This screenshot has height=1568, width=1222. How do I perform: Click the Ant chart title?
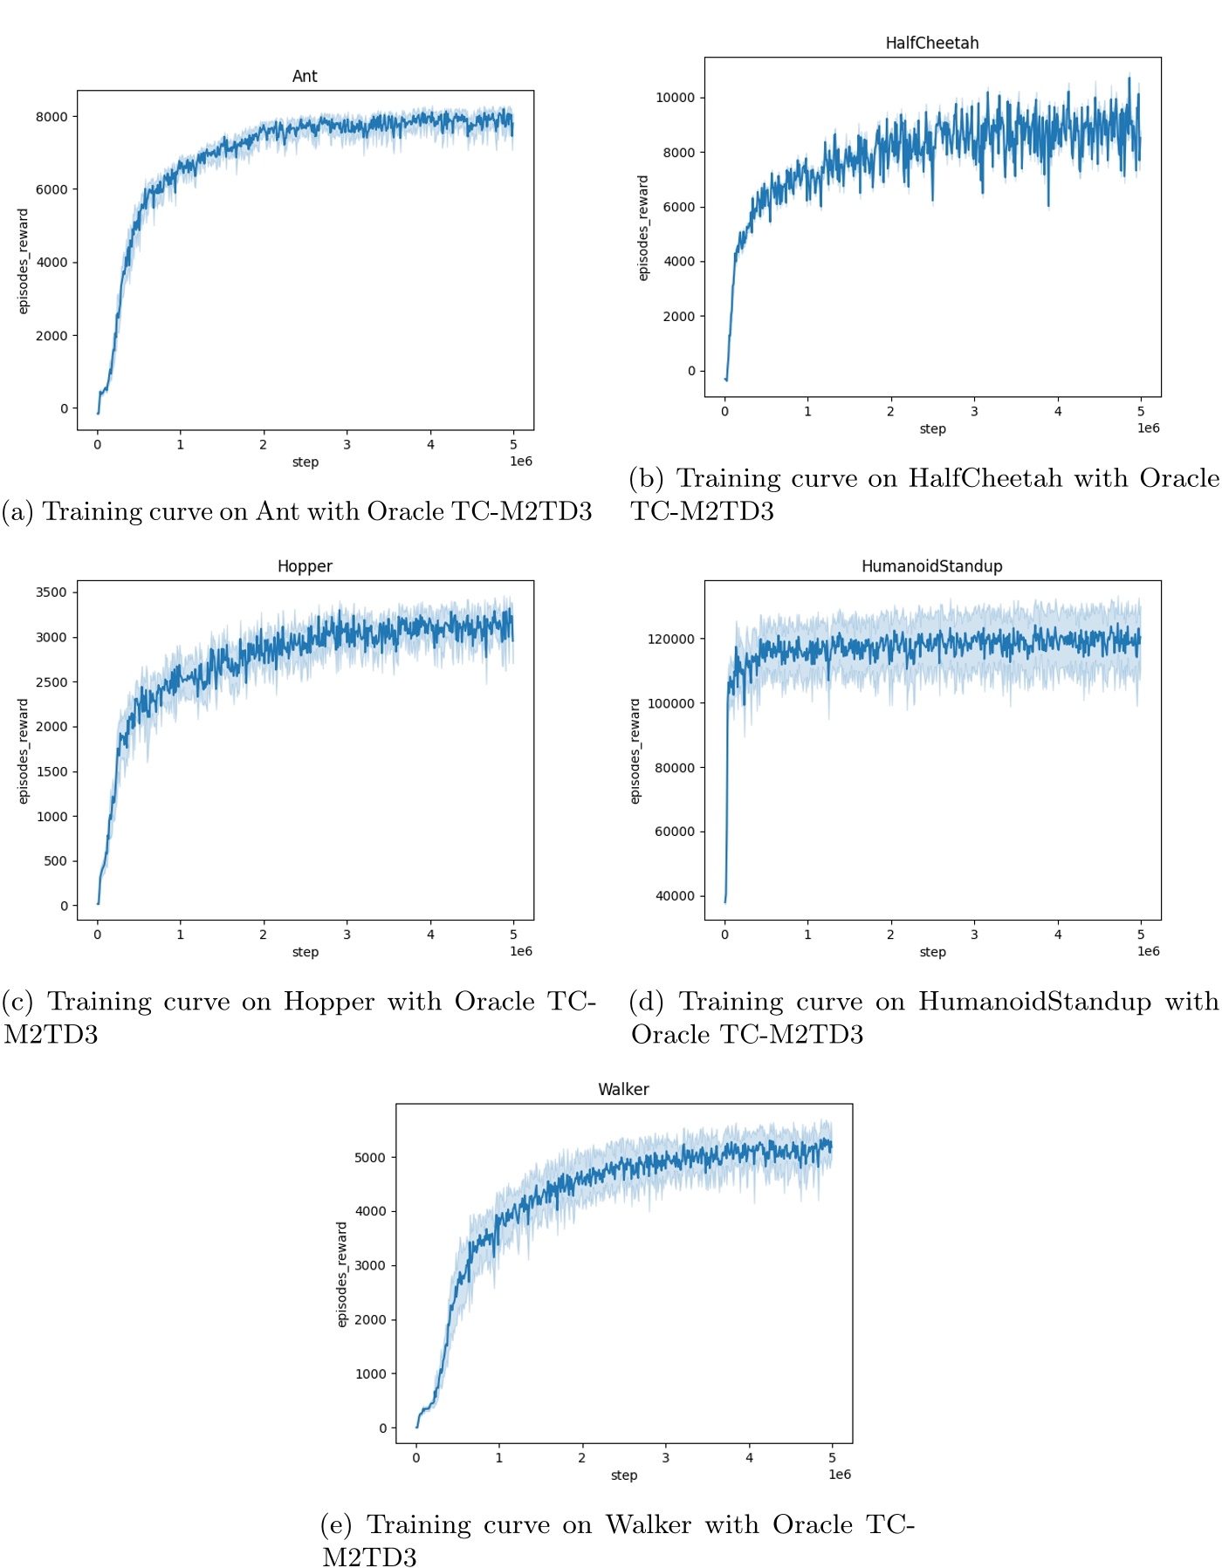305,77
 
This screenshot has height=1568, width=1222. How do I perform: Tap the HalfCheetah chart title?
931,44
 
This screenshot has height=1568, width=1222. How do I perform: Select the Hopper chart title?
305,566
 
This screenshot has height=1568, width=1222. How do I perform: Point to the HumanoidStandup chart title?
931,566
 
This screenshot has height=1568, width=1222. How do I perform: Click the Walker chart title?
623,1090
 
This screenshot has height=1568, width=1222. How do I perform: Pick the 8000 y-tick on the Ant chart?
51,117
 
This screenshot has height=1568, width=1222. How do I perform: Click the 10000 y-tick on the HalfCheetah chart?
675,98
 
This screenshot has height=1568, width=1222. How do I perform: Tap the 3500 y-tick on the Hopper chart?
51,592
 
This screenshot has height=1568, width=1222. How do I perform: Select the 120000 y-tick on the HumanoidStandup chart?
670,640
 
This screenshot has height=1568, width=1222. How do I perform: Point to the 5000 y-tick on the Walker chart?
369,1158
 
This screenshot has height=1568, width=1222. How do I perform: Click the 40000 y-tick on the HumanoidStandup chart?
674,896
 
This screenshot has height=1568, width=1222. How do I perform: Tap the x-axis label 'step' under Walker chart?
623,1476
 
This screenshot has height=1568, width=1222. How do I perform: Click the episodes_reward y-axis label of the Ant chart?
24,261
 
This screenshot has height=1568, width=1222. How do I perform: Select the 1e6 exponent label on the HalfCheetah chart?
1148,428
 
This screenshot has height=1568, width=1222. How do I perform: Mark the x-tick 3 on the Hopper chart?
347,935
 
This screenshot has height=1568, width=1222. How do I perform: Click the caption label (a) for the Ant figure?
17,511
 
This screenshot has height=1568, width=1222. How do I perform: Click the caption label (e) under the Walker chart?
336,1525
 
